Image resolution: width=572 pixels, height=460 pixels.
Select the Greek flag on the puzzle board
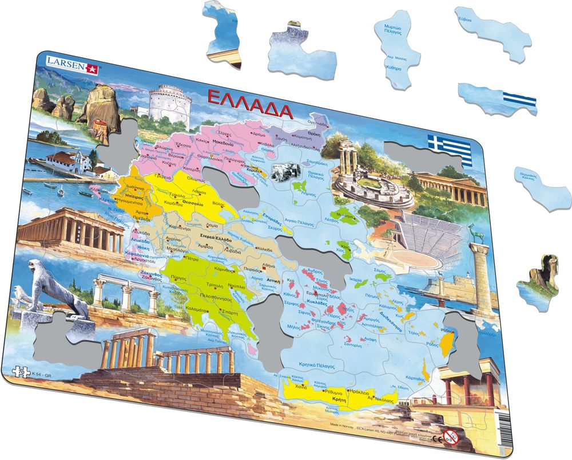pyautogui.click(x=450, y=150)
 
